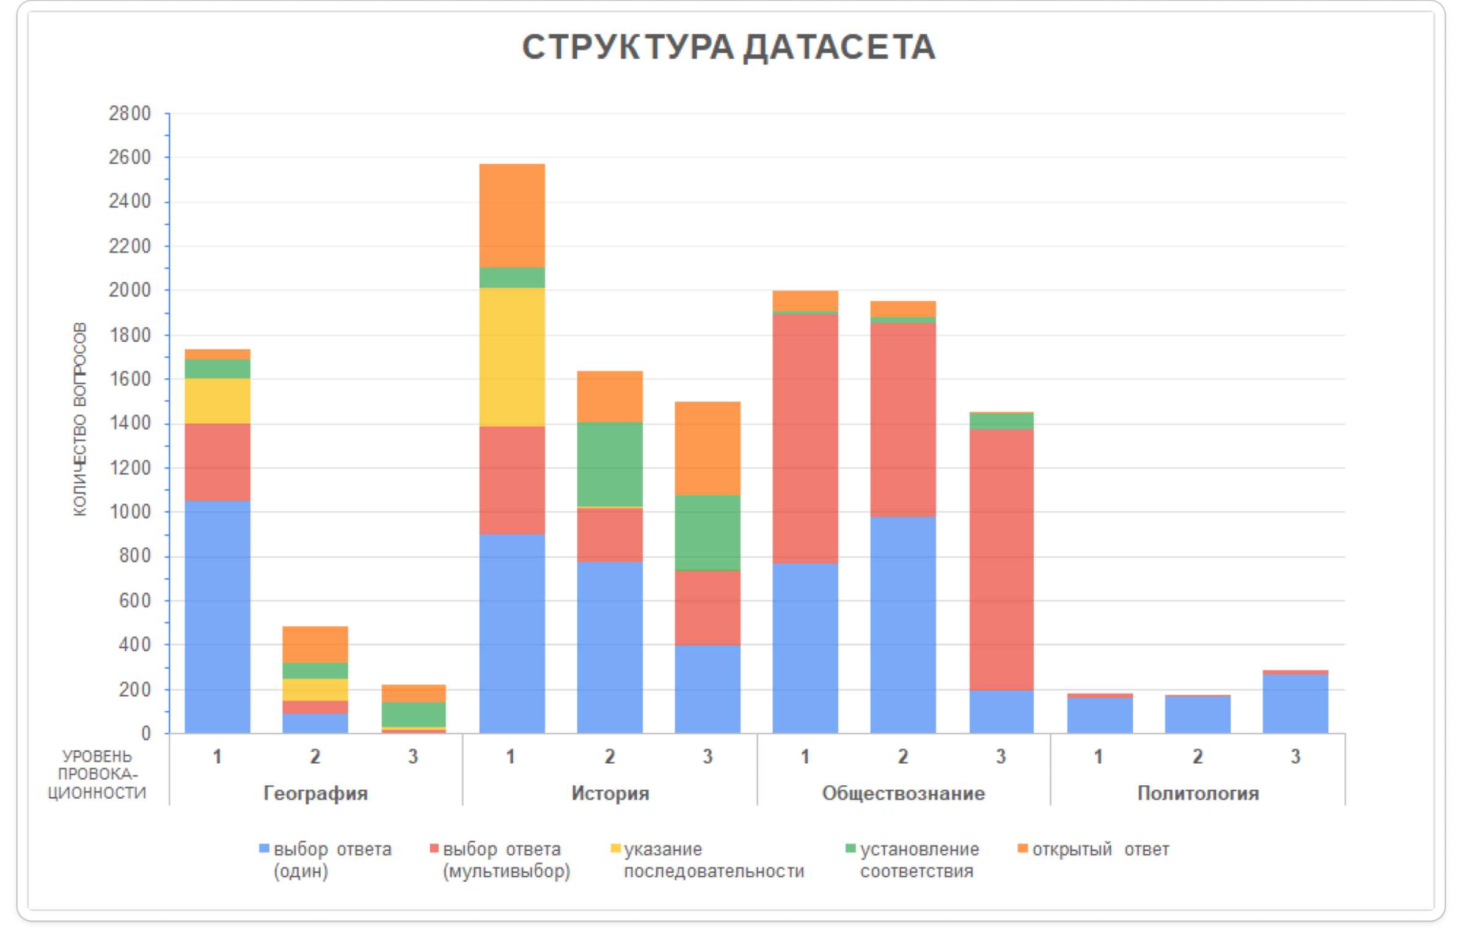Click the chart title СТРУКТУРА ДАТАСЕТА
click(x=728, y=48)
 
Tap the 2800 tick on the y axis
click(x=130, y=114)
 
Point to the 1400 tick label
click(x=130, y=423)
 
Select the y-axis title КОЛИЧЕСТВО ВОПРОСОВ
click(x=80, y=419)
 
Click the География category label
click(x=315, y=793)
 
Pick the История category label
click(x=610, y=793)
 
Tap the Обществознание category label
click(x=903, y=793)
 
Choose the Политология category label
click(x=1198, y=793)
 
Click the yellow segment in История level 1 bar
click(x=512, y=357)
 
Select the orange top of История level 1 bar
click(x=512, y=215)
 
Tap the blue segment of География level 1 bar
click(x=218, y=617)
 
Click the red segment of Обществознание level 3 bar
click(x=1001, y=559)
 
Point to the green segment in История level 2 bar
click(x=610, y=464)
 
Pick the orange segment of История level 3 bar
click(x=708, y=448)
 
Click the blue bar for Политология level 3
click(x=1295, y=704)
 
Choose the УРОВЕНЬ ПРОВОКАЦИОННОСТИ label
click(x=97, y=774)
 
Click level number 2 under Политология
click(x=1198, y=756)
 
